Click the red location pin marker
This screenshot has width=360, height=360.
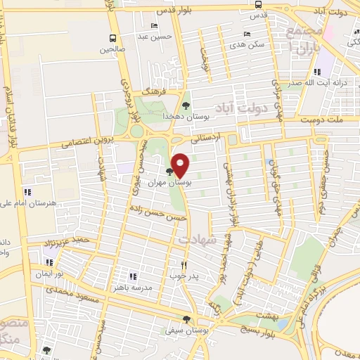tap(181, 165)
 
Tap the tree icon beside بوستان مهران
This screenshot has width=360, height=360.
tap(169, 171)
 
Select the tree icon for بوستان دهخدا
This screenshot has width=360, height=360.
tap(186, 105)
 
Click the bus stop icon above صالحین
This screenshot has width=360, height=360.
tap(112, 39)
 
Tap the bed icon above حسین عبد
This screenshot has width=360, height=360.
tap(153, 26)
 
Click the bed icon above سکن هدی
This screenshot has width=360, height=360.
tap(245, 33)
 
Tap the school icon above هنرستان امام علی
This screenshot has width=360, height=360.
tap(28, 191)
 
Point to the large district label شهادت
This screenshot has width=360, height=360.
tap(195, 240)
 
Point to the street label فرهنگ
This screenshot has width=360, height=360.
tap(151, 91)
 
